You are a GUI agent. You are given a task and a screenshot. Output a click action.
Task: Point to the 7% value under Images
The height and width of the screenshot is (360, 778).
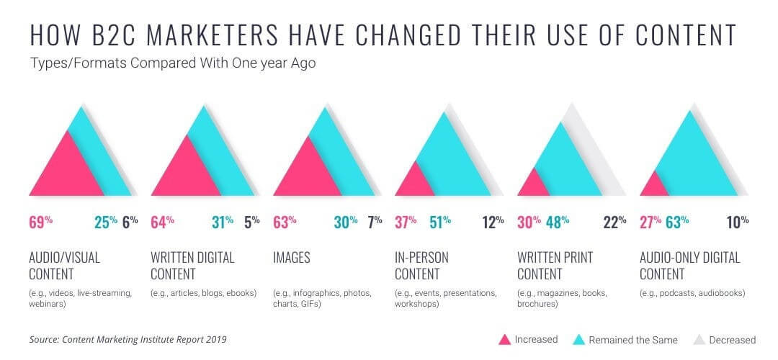tap(375, 222)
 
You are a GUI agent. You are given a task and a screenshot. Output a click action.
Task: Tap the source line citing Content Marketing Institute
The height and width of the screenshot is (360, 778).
tap(133, 339)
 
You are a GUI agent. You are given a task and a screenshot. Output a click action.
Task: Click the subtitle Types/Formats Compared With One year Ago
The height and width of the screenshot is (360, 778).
tap(173, 63)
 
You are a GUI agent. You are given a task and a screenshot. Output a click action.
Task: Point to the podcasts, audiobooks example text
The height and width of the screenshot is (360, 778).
tap(692, 293)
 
